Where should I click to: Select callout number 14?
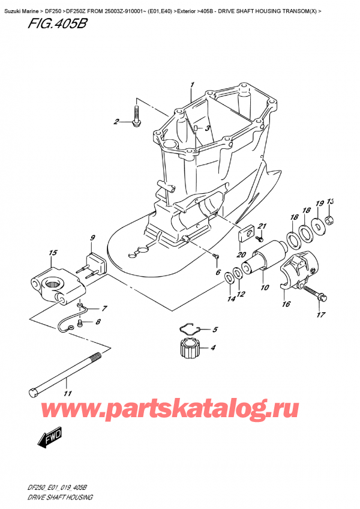(x=231, y=298)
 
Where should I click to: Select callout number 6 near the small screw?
(x=218, y=272)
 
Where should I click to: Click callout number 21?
(x=261, y=226)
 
